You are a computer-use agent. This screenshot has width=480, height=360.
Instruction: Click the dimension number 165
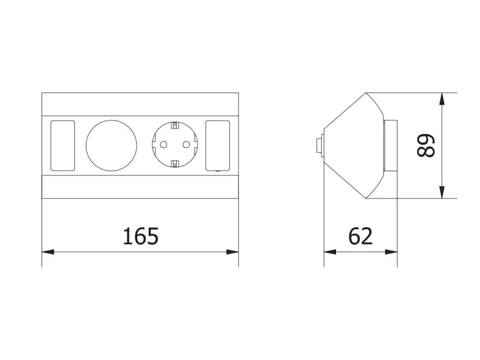pyautogui.click(x=141, y=236)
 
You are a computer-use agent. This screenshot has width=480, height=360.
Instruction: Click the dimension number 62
pyautogui.click(x=360, y=236)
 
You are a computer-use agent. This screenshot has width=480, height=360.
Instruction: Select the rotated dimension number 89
pyautogui.click(x=426, y=145)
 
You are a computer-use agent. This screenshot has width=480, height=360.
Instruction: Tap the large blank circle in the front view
pyautogui.click(x=111, y=145)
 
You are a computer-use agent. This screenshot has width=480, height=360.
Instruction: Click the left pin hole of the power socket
pyautogui.click(x=163, y=144)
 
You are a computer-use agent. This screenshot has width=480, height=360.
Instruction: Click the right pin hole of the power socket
pyautogui.click(x=186, y=144)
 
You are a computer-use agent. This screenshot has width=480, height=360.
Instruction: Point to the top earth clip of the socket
pyautogui.click(x=175, y=126)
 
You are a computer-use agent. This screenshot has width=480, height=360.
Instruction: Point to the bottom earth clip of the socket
pyautogui.click(x=175, y=163)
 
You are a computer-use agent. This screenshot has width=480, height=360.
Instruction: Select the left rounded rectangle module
pyautogui.click(x=63, y=145)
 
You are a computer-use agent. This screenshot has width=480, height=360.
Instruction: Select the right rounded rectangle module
pyautogui.click(x=218, y=145)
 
